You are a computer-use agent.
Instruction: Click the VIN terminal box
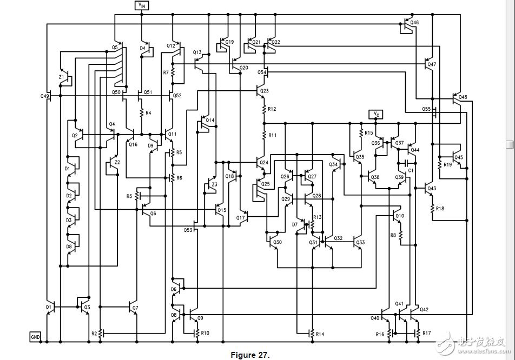click(x=142, y=5)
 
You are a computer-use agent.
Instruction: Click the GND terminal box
click(x=35, y=336)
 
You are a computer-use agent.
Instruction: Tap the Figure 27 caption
click(x=249, y=355)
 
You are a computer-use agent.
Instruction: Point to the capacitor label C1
click(x=411, y=170)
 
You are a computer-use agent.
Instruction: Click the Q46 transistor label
click(x=414, y=23)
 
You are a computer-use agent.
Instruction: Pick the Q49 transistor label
click(x=44, y=96)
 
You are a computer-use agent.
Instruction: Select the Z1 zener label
click(x=62, y=77)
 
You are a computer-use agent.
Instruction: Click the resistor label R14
click(x=320, y=333)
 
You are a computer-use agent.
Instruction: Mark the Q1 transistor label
click(x=49, y=307)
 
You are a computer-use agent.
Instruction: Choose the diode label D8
click(x=68, y=246)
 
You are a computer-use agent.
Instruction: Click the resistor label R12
click(x=272, y=109)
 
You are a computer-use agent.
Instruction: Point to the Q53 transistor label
click(x=188, y=230)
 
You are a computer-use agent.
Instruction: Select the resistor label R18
click(x=440, y=208)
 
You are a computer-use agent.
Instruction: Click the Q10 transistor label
click(x=399, y=216)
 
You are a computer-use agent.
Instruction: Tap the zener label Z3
click(x=214, y=185)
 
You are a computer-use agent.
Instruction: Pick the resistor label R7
click(x=166, y=72)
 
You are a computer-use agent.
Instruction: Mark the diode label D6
click(x=174, y=289)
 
